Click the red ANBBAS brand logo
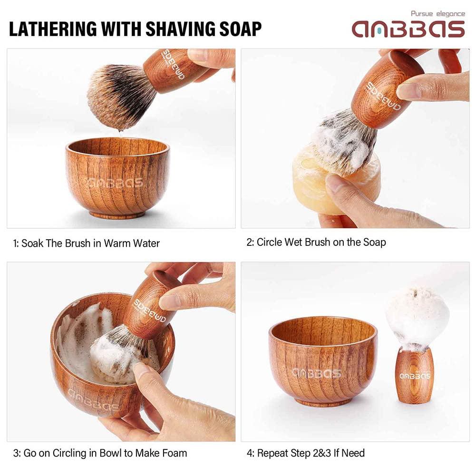click(408, 29)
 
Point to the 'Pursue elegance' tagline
click(437, 14)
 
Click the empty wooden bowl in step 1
click(117, 176)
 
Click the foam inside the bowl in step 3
click(81, 333)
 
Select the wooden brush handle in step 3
click(150, 307)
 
